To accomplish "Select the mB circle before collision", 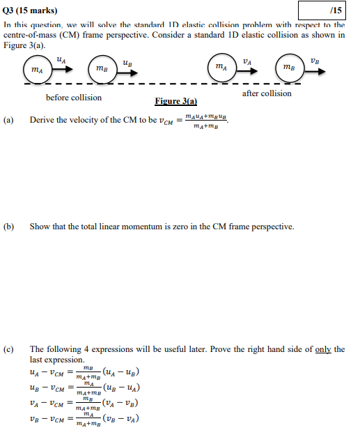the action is click(102, 69).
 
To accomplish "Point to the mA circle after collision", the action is click(220, 67).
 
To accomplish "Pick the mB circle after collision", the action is click(288, 67).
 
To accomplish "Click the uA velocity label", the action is click(61, 60).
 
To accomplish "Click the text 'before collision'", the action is click(74, 98).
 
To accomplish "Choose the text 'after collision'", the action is click(267, 93).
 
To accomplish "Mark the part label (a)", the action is click(9, 120).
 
